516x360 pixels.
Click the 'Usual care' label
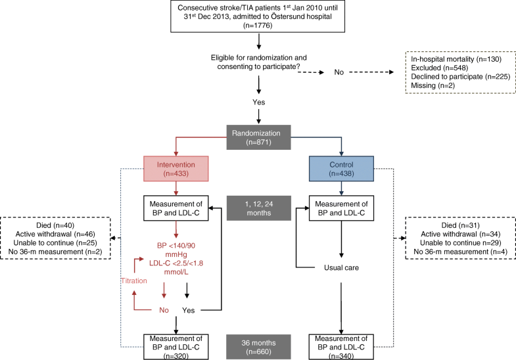click(x=341, y=267)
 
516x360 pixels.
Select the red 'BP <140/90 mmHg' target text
click(x=176, y=250)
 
